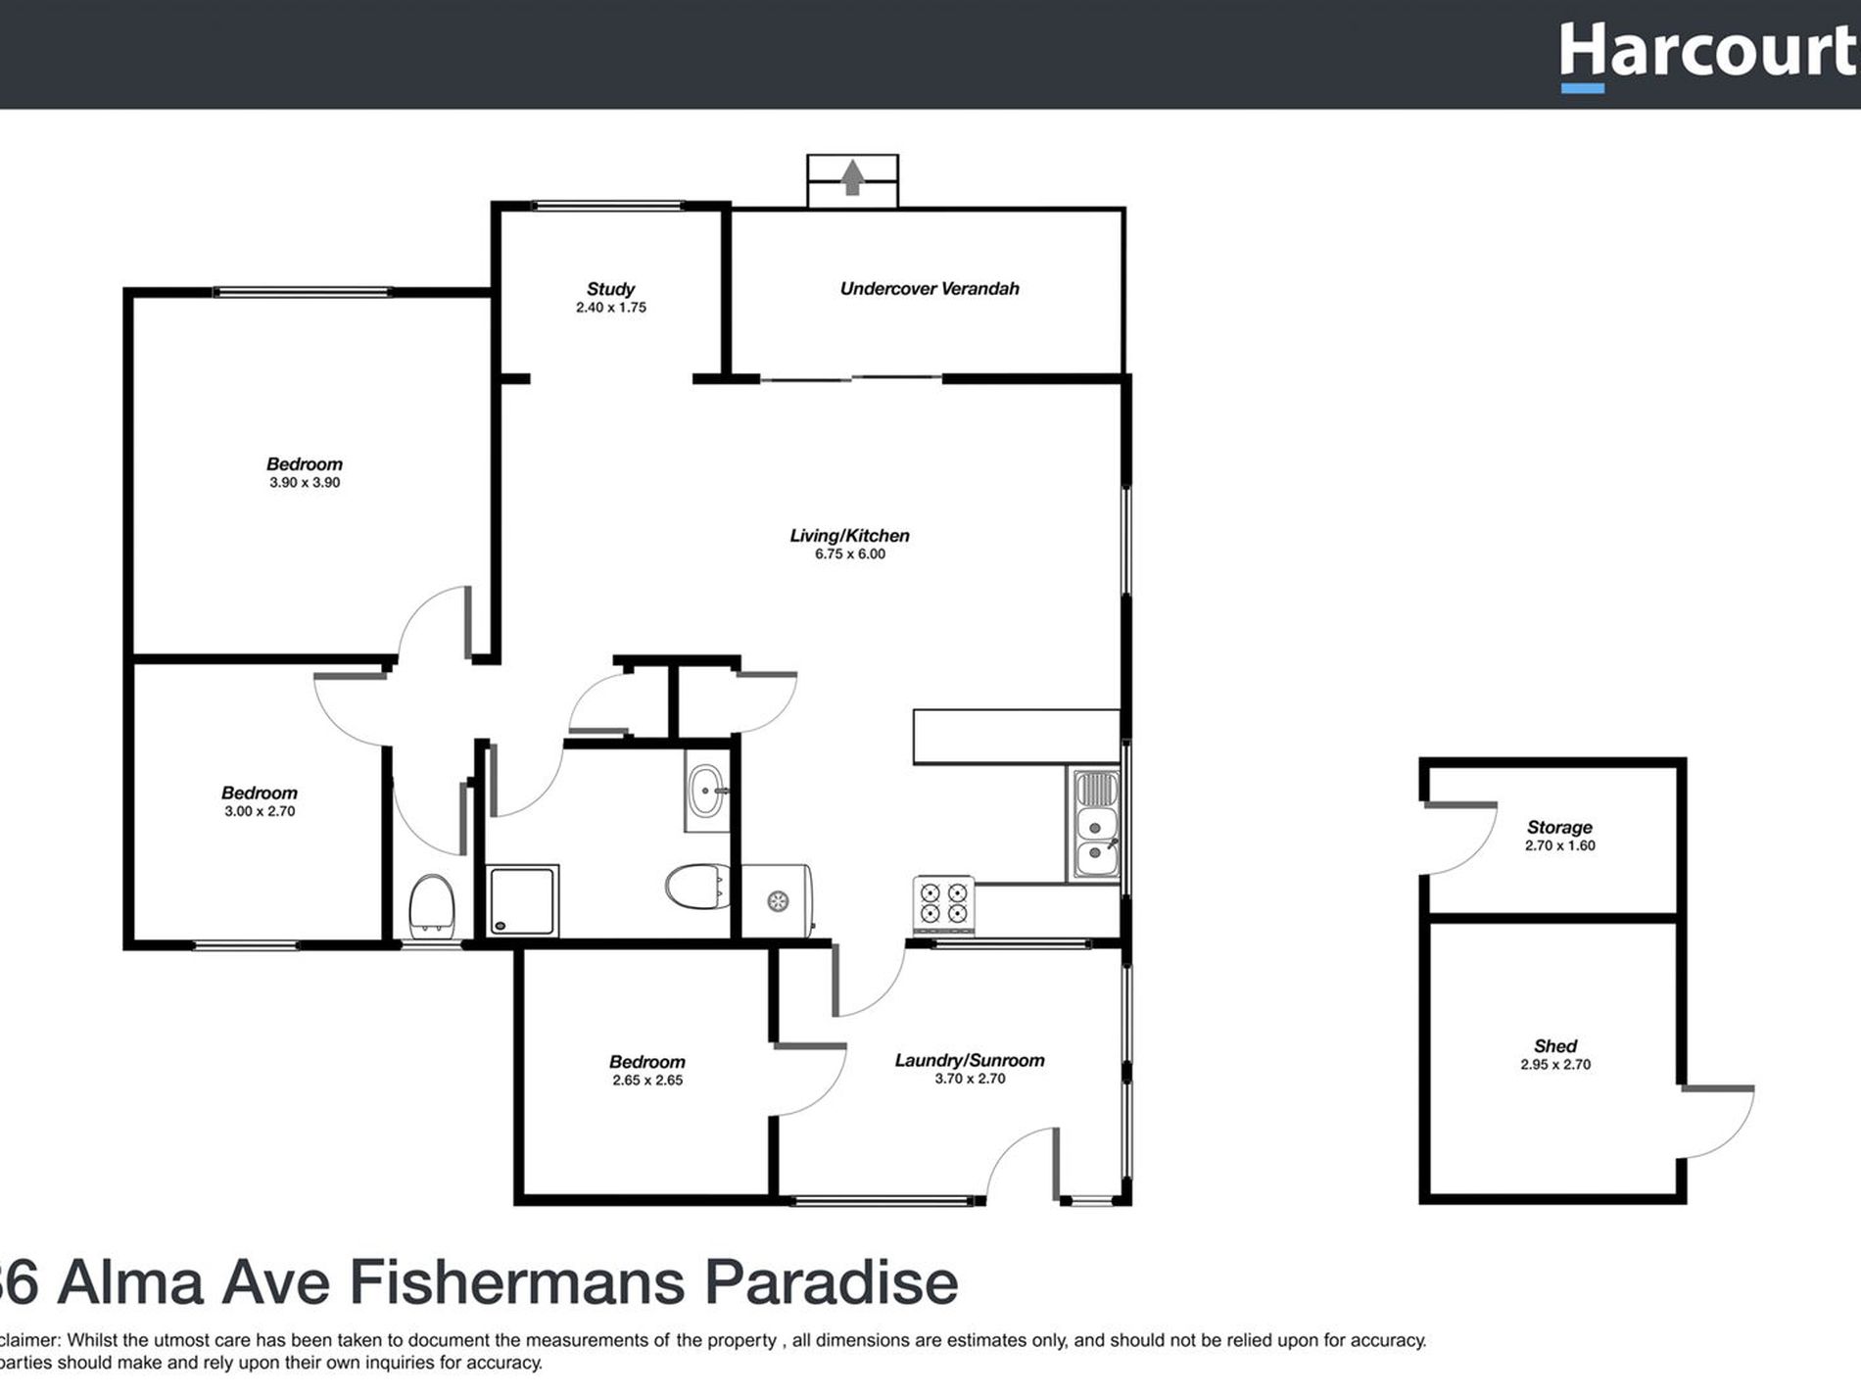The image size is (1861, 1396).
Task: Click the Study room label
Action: pos(610,289)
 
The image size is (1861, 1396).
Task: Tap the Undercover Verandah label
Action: pos(930,288)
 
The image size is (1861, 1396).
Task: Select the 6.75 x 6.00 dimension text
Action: pos(849,554)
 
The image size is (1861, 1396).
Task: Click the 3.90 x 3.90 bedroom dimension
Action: pos(305,483)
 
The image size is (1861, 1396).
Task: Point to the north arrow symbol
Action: pos(852,178)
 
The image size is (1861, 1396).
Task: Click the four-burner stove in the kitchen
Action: pos(943,903)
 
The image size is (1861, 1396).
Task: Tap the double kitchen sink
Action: pos(1095,824)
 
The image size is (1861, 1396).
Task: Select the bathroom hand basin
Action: pos(706,791)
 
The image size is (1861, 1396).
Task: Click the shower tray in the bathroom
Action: pos(523,900)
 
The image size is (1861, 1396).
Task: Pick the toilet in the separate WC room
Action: pos(431,905)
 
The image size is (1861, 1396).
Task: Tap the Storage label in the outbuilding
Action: pos(1559,827)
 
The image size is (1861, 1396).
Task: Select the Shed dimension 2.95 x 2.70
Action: pos(1555,1065)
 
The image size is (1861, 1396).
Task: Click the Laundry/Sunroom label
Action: pos(970,1060)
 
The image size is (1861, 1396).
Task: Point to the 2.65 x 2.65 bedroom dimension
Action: pos(647,1081)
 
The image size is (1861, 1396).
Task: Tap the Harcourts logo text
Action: pos(1708,53)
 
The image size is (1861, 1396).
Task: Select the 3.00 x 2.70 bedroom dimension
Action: pos(260,812)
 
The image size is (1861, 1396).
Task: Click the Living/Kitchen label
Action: pos(849,536)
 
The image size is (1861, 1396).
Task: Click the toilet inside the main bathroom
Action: pos(695,887)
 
